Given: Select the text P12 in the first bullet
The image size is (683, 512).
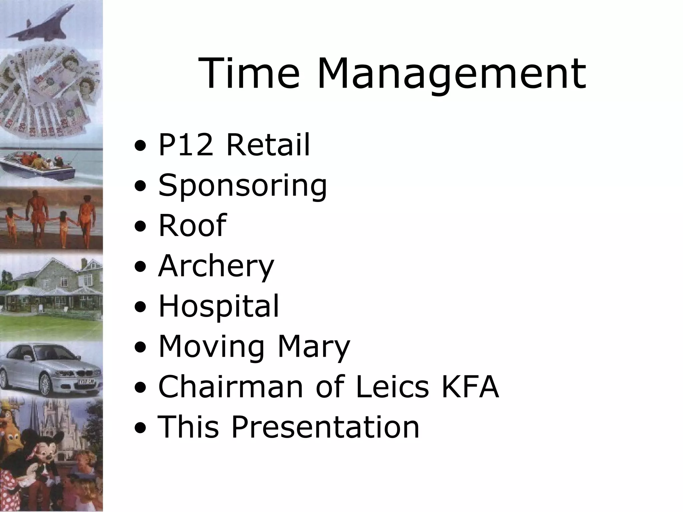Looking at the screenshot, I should tap(185, 145).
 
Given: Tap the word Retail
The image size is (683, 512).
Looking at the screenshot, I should tap(268, 145).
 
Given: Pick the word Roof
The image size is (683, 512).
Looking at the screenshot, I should tap(192, 225).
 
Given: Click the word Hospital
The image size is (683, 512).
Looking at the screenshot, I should tap(218, 307).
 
